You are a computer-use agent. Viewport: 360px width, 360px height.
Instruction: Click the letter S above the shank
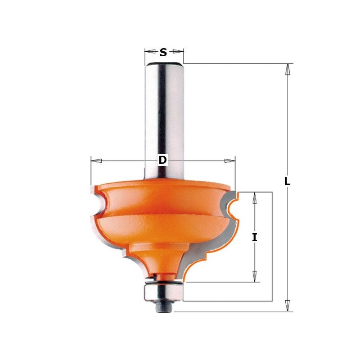[x=163, y=52]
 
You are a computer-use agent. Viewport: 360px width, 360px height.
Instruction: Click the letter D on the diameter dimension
[x=162, y=160]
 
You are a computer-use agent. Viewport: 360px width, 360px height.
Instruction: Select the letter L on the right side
[x=288, y=181]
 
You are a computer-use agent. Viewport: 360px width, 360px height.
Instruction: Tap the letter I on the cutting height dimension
[x=255, y=238]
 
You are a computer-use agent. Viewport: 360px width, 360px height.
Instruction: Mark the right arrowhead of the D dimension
[x=229, y=161]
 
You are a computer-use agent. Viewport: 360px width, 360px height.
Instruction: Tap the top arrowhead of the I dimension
[x=255, y=198]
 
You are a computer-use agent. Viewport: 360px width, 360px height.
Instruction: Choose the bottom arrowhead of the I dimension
[x=255, y=276]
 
